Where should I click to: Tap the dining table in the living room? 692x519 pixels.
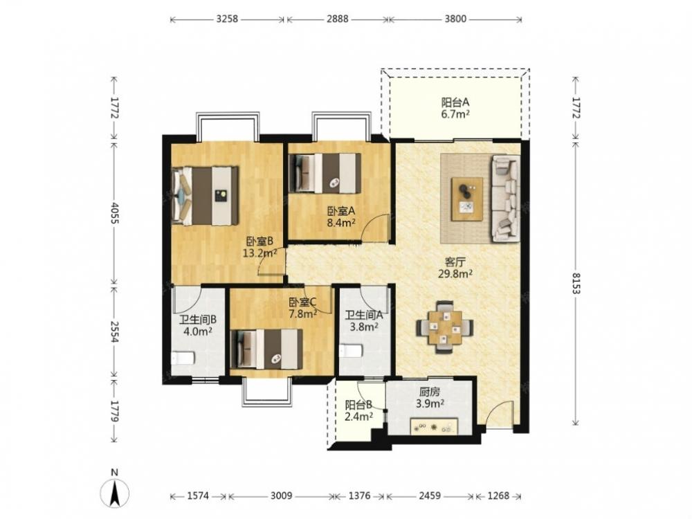(x=445, y=327)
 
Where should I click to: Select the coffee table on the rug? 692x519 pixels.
(x=467, y=199)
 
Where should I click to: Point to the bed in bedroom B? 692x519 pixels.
(x=206, y=196)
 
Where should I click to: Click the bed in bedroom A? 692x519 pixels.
(x=325, y=174)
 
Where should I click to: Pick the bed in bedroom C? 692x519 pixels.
(x=266, y=349)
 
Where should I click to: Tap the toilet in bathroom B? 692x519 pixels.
(x=183, y=357)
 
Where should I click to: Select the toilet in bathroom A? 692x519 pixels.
(x=350, y=351)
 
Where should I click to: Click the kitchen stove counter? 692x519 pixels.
(x=435, y=426)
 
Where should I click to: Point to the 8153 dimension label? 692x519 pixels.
(x=576, y=283)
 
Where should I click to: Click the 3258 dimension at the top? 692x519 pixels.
(x=227, y=19)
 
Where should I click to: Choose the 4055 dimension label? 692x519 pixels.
(x=114, y=212)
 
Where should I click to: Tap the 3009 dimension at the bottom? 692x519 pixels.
(x=281, y=495)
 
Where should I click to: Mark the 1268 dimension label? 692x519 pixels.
(x=498, y=495)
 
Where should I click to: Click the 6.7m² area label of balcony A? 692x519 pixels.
(x=455, y=115)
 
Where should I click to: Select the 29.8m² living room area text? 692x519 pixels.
(x=455, y=273)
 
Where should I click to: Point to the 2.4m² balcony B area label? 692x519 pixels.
(x=359, y=416)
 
